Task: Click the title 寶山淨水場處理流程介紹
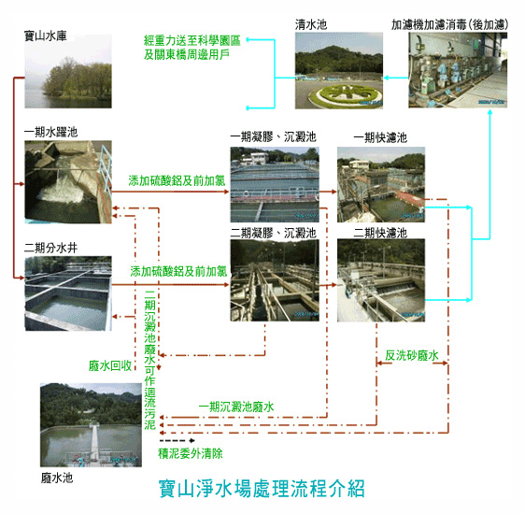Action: pos(262,489)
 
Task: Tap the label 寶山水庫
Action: pos(46,36)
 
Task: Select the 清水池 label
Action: pos(311,24)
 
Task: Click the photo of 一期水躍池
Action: pos(68,182)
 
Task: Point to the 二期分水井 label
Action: pos(50,249)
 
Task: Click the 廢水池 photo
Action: pos(91,425)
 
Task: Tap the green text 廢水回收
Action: pos(110,365)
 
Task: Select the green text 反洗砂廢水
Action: pos(411,355)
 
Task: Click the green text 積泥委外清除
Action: pos(191,454)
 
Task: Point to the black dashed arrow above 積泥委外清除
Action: pos(177,440)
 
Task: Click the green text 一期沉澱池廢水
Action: pos(236,407)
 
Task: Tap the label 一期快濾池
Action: pos(380,137)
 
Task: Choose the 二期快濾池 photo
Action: pos(381,280)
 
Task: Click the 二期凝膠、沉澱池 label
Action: pos(273,233)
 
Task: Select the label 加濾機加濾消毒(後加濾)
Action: pos(450,24)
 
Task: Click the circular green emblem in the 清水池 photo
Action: pos(342,93)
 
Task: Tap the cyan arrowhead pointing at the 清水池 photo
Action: pos(386,78)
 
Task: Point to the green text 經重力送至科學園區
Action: pos(192,40)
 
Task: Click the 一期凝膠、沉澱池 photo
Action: pos(275,184)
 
